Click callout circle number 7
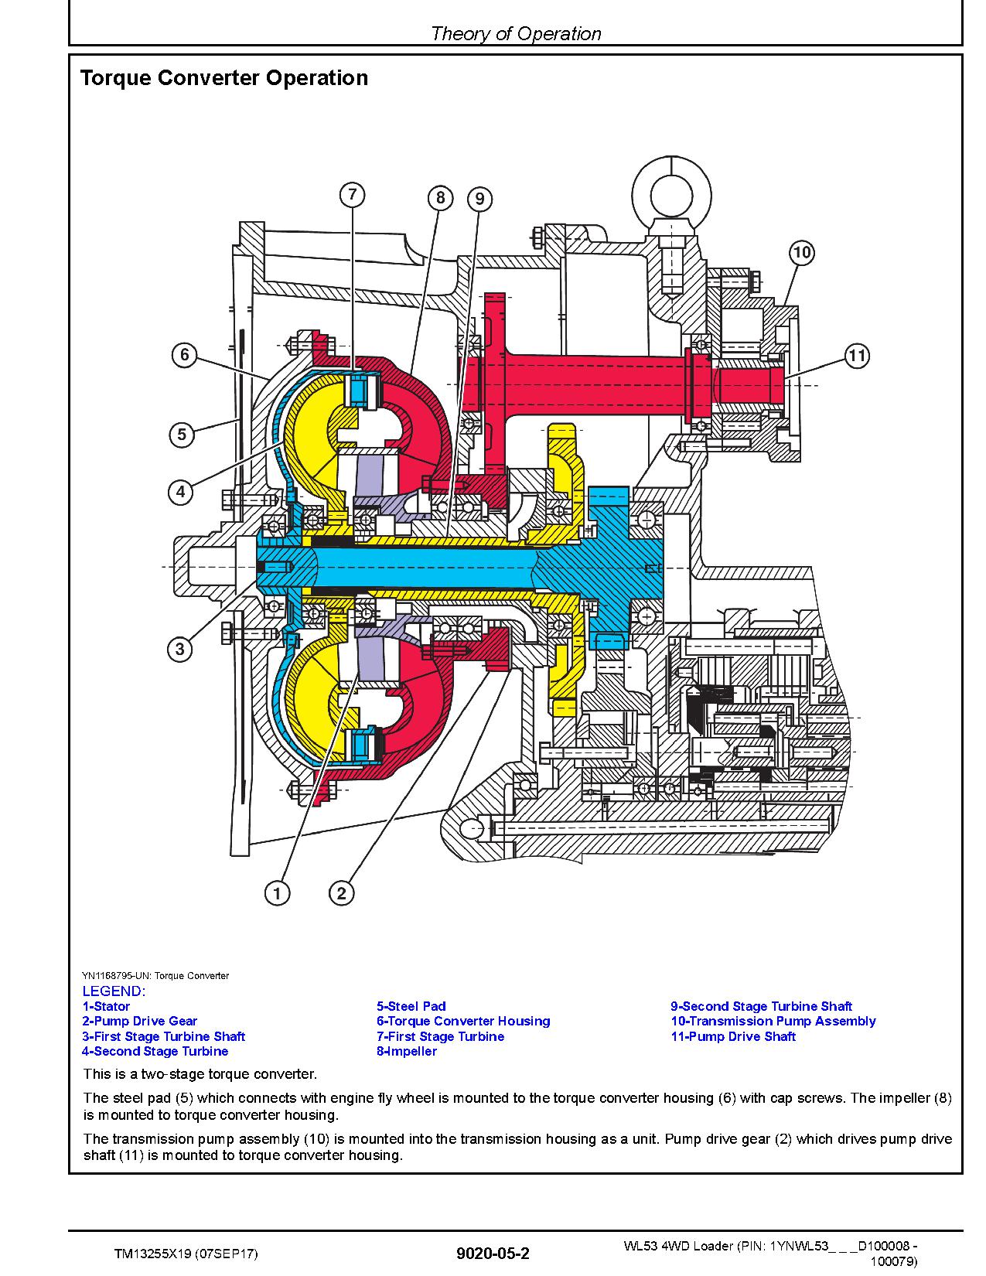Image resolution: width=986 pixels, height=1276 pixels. tap(352, 194)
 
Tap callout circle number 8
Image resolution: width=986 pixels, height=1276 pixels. tap(441, 199)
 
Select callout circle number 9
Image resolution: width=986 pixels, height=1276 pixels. tap(479, 199)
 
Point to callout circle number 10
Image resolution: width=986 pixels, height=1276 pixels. tap(802, 253)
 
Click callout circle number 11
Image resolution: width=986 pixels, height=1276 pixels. tap(857, 355)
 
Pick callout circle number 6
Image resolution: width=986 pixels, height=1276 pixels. tap(184, 355)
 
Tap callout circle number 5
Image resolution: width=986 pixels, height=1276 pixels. tap(182, 435)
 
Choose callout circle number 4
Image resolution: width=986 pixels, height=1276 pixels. tap(180, 492)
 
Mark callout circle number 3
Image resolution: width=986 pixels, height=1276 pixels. tap(179, 649)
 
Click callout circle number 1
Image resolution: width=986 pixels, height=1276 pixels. tap(277, 894)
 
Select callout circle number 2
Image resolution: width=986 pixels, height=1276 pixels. tap(341, 894)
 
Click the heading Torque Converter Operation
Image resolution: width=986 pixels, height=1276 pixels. tap(224, 77)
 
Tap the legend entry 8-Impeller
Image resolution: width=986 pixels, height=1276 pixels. tap(406, 1050)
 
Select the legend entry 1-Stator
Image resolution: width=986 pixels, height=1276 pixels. tap(106, 1006)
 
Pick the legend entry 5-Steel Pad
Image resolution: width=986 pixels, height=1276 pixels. tap(411, 1006)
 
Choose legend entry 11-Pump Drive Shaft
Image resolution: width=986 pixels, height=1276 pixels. tap(733, 1035)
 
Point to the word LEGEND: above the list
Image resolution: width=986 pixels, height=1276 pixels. tap(114, 991)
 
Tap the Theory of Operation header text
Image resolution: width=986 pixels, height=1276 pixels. tap(516, 33)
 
